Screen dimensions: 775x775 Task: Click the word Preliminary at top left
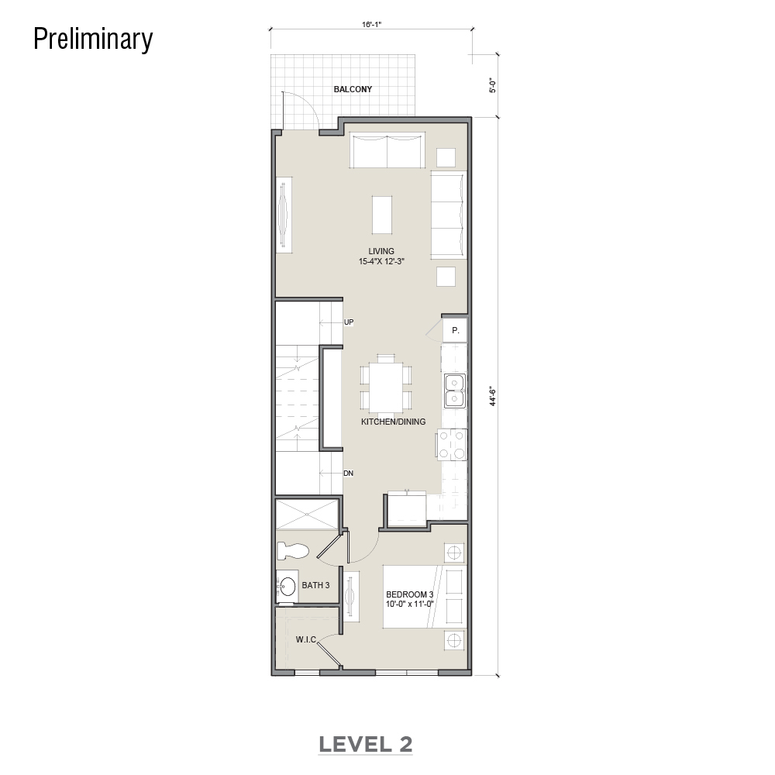pyautogui.click(x=93, y=40)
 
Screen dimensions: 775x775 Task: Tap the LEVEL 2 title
pyautogui.click(x=365, y=744)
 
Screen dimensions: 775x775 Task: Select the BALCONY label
pyautogui.click(x=353, y=89)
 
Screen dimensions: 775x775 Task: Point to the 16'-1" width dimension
pyautogui.click(x=372, y=24)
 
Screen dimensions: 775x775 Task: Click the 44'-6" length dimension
pyautogui.click(x=493, y=396)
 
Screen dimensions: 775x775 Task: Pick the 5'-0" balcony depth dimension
pyautogui.click(x=492, y=85)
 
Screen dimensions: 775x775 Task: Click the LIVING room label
pyautogui.click(x=381, y=251)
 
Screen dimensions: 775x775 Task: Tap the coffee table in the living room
pyautogui.click(x=382, y=215)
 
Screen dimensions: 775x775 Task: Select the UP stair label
pyautogui.click(x=349, y=322)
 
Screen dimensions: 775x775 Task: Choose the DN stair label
pyautogui.click(x=349, y=473)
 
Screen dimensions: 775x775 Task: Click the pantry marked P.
pyautogui.click(x=455, y=330)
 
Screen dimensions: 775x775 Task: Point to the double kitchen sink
pyautogui.click(x=455, y=391)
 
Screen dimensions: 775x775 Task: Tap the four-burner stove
pyautogui.click(x=451, y=444)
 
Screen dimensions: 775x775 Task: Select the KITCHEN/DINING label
pyautogui.click(x=394, y=422)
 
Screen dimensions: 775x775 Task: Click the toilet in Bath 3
pyautogui.click(x=293, y=551)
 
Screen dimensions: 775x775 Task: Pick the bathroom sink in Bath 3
pyautogui.click(x=287, y=586)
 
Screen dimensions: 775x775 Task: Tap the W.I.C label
pyautogui.click(x=306, y=639)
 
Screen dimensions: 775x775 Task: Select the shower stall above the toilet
pyautogui.click(x=306, y=515)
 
